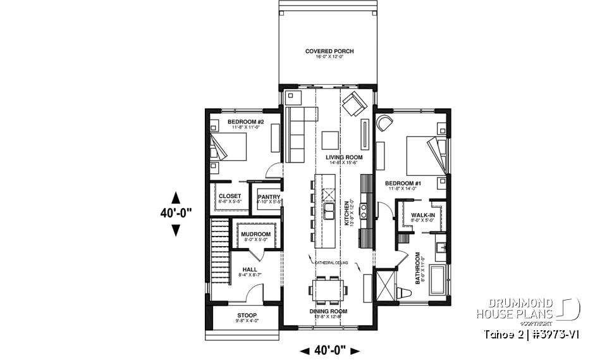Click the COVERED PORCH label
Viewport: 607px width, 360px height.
329,51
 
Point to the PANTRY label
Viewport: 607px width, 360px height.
269,197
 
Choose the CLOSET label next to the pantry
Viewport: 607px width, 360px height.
230,197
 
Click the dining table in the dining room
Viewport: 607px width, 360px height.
328,291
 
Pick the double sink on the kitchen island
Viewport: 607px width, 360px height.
329,209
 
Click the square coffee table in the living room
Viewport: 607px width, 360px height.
329,139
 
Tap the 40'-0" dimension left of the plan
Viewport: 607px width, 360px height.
176,214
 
